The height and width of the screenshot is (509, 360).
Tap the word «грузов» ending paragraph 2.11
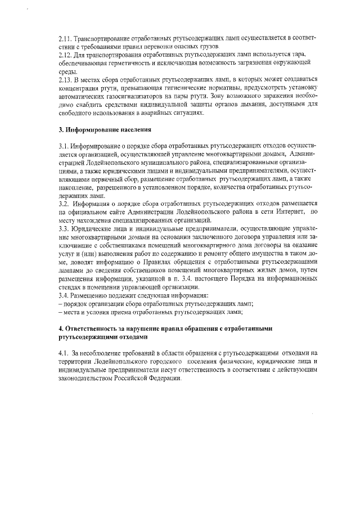219,46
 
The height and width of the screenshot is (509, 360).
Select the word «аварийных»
166,113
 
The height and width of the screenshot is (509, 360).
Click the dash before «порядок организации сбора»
60,303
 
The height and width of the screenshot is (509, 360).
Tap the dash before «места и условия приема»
60,312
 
